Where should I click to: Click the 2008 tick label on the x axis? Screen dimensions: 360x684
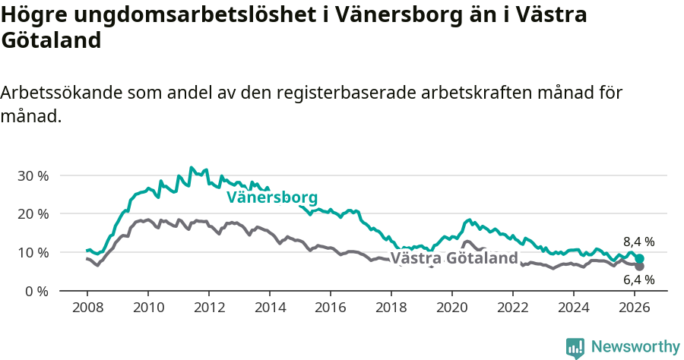tap(87, 307)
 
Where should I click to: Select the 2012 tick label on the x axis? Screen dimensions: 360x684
tap(209, 307)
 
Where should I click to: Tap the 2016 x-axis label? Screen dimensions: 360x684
tap(331, 307)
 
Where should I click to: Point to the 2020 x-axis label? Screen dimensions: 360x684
tap(452, 307)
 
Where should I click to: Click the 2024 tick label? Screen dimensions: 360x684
tap(574, 307)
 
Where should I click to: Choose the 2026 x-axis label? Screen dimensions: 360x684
tap(635, 307)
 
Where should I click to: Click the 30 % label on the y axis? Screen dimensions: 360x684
tap(32, 175)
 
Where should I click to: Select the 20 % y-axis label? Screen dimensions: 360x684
tap(32, 213)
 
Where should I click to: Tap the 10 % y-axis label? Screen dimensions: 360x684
tap(32, 252)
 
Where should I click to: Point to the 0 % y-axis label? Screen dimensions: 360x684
tap(35, 291)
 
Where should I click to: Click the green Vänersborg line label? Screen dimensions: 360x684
tap(272, 197)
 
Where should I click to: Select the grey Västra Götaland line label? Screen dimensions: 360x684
tap(454, 258)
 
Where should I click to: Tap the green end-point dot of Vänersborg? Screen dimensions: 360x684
tap(640, 258)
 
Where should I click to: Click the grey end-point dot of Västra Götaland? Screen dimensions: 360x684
tap(640, 266)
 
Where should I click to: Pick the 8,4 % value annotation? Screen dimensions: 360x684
tap(638, 242)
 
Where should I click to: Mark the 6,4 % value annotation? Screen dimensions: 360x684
tap(638, 280)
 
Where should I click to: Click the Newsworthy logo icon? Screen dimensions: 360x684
tap(575, 347)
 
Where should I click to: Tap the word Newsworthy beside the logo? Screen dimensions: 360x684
tap(635, 347)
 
